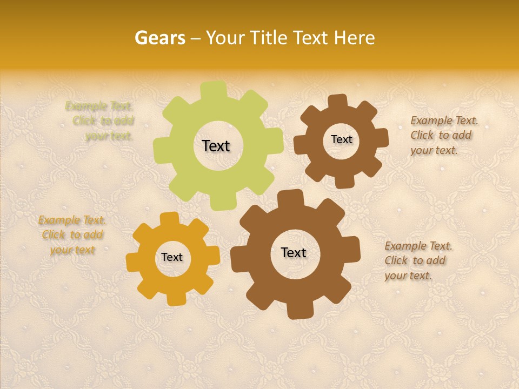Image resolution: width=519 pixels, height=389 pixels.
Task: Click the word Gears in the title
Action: click(159, 38)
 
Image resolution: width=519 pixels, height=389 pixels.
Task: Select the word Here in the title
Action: click(355, 38)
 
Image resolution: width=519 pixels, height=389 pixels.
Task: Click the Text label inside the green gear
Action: click(216, 146)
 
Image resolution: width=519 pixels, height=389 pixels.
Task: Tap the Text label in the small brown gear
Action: click(341, 139)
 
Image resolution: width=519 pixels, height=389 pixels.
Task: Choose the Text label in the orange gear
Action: click(172, 257)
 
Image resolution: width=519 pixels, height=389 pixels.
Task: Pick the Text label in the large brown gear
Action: click(294, 252)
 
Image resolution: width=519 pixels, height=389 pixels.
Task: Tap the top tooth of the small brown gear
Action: click(337, 102)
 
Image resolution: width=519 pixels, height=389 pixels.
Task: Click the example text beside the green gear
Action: click(103, 121)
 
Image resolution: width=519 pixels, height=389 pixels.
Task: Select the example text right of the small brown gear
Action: click(443, 135)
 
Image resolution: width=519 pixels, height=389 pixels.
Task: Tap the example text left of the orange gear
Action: click(72, 235)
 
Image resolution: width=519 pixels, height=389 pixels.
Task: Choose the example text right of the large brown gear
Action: click(418, 260)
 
